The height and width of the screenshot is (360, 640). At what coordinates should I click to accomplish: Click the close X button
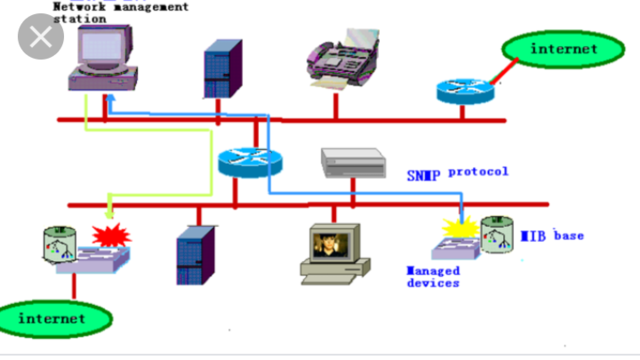(40, 39)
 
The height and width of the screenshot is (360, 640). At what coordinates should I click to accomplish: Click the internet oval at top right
(562, 49)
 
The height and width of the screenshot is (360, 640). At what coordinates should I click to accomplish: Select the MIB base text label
(552, 236)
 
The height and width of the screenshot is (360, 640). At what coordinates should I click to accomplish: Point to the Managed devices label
(433, 277)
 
